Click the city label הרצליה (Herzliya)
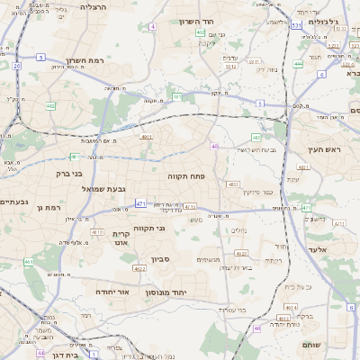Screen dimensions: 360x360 coord(93,6)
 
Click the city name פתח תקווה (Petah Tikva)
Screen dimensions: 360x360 coord(187,177)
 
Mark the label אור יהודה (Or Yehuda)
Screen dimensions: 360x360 coord(112,292)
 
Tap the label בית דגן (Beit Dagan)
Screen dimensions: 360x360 coord(62,355)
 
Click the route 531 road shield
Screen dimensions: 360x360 coord(296,27)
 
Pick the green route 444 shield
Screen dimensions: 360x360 coord(298,64)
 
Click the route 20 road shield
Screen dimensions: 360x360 coord(16,66)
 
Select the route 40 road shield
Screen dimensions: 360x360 coord(214,146)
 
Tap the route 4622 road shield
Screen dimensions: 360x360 coord(139,268)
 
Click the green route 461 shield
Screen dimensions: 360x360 coord(29,262)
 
